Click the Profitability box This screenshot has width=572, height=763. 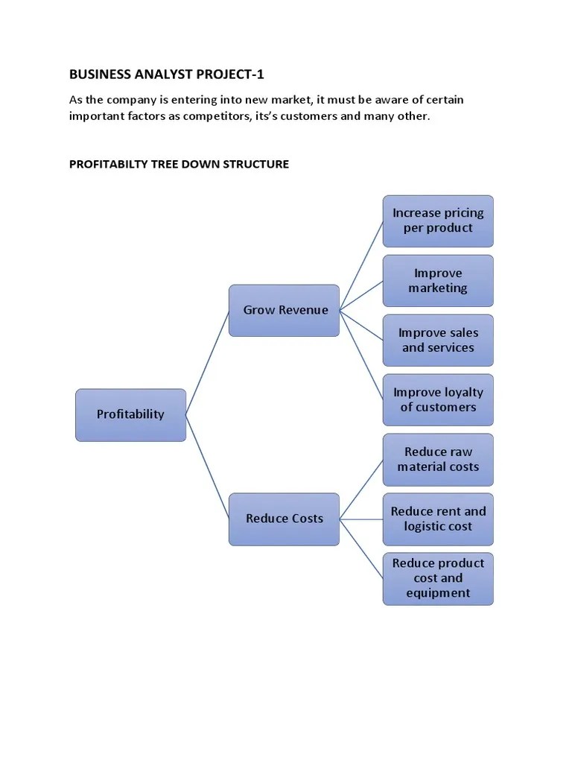(x=130, y=415)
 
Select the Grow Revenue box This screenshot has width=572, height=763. (x=285, y=310)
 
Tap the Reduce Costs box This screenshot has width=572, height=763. (x=285, y=519)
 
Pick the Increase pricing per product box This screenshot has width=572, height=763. (x=438, y=221)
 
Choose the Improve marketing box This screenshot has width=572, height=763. (x=438, y=280)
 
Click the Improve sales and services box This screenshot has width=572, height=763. (x=438, y=340)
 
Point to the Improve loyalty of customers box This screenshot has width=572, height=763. (x=438, y=399)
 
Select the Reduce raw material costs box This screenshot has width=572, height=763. (x=438, y=459)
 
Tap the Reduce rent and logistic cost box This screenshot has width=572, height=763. (x=438, y=519)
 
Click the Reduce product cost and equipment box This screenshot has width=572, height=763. (x=438, y=578)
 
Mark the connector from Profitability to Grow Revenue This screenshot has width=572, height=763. (x=208, y=362)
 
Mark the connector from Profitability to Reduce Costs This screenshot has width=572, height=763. (x=208, y=466)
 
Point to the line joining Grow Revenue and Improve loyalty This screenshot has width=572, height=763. (x=361, y=355)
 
